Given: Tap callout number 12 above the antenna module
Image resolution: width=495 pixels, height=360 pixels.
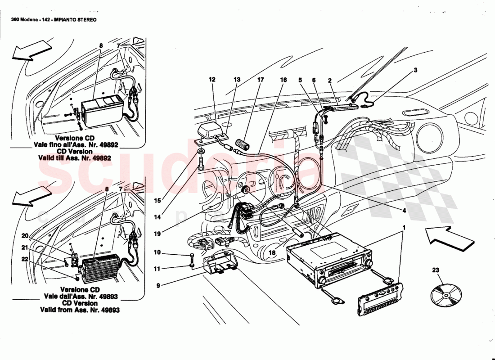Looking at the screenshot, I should click(x=212, y=80).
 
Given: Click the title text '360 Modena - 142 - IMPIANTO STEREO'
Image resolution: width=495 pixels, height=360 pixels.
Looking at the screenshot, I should click(x=54, y=20).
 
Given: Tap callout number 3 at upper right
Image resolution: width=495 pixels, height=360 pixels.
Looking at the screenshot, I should click(x=415, y=70).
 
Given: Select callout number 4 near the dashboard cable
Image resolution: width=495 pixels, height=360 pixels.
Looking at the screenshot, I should click(x=404, y=210).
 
